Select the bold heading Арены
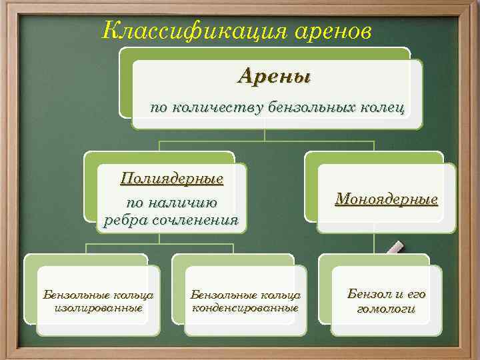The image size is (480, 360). click(x=274, y=76)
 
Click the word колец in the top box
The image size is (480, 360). click(x=385, y=107)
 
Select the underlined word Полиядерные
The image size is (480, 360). click(x=171, y=179)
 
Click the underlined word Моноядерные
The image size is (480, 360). click(x=387, y=199)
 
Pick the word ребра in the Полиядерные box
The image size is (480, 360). click(x=125, y=221)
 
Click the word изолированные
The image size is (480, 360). click(x=99, y=308)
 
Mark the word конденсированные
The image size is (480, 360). click(x=245, y=308)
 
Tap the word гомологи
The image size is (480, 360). click(x=387, y=309)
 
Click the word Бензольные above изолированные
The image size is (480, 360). click(x=70, y=294)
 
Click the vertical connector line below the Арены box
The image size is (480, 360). click(x=265, y=134)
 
